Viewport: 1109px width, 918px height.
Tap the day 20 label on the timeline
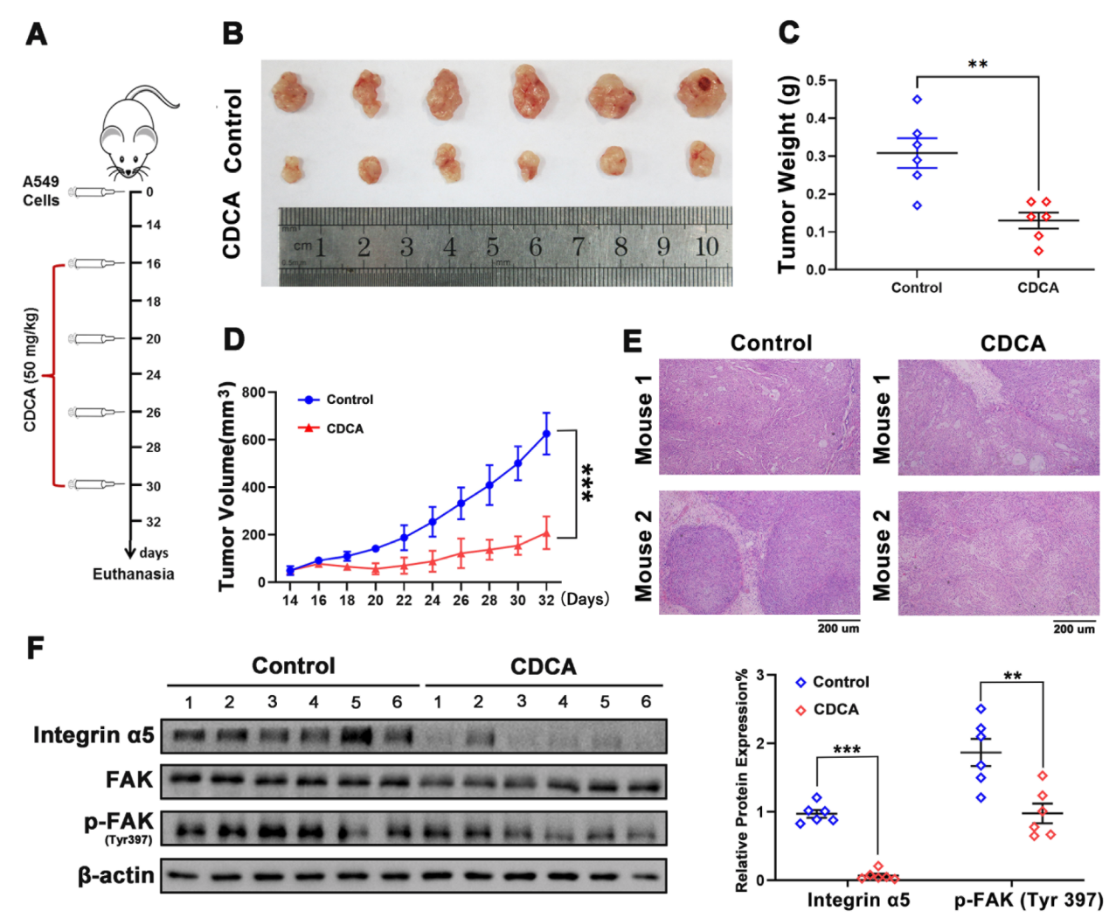click(x=153, y=339)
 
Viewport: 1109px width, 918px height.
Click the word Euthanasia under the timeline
click(x=133, y=574)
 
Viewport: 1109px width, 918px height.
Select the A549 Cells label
click(x=41, y=191)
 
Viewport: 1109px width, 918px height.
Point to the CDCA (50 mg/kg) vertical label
click(x=31, y=370)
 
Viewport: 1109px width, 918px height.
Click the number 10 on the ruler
click(x=707, y=247)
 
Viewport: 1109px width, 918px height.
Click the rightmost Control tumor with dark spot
click(x=700, y=94)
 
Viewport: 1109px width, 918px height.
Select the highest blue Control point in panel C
click(x=917, y=100)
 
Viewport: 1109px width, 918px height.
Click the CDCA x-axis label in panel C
click(x=1037, y=288)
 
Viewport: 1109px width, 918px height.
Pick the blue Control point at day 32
click(x=546, y=434)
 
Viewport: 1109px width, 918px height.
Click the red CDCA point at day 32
click(x=546, y=533)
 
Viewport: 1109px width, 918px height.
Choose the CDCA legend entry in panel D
click(x=344, y=428)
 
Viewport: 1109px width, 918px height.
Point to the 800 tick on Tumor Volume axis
click(x=253, y=393)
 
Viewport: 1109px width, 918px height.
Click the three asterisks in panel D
click(x=587, y=483)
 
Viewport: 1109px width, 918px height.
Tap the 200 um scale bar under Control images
click(x=838, y=627)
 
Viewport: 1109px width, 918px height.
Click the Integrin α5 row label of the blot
click(x=94, y=735)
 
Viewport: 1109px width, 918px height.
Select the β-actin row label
click(x=115, y=875)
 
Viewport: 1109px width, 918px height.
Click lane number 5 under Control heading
click(x=356, y=702)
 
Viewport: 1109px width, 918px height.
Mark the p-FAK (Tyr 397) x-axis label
click(x=1028, y=900)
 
